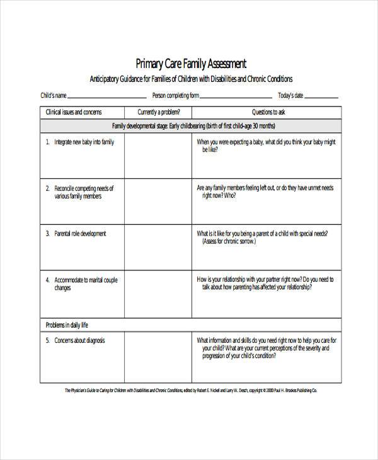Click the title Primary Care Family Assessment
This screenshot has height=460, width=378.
coord(191,64)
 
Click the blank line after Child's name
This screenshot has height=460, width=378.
coord(106,98)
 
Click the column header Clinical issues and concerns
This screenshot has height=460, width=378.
coord(74,112)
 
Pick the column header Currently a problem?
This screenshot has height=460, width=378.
coord(158,112)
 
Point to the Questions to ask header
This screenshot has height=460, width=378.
coord(268,112)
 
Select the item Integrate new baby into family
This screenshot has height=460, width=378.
coord(84,142)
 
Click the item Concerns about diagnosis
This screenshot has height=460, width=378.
coord(79,340)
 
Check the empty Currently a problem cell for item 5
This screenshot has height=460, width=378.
coord(158,357)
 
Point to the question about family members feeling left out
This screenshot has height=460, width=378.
coord(265,192)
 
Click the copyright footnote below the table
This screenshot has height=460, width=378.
coord(191,391)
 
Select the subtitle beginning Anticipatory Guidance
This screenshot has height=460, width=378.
coord(191,79)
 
